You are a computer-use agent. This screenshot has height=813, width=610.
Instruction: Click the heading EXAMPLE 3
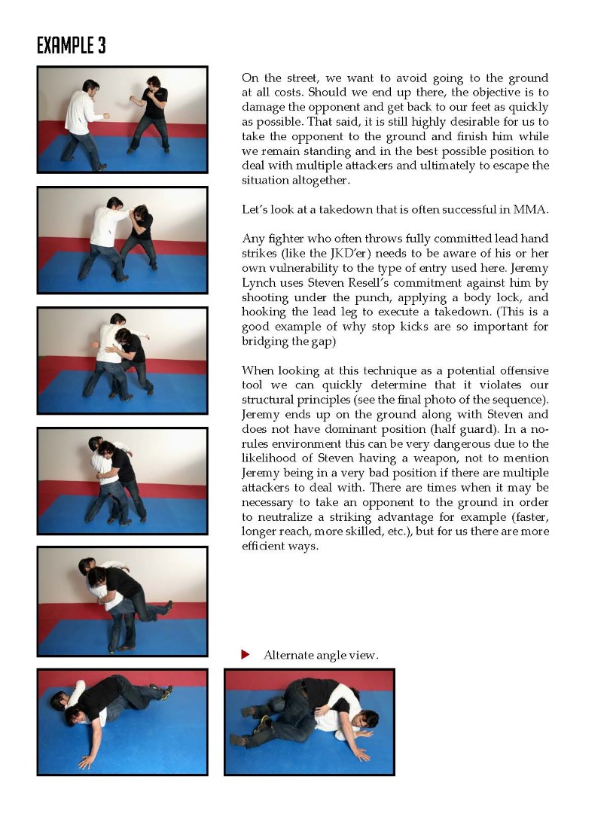pos(72,46)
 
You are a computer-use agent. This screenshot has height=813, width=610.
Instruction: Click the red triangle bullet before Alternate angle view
pos(245,655)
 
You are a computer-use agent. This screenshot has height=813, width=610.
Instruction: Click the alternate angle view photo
pos(310,722)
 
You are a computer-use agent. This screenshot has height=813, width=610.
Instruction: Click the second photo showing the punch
pos(122,240)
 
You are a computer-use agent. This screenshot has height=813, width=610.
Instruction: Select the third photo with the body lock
pos(122,361)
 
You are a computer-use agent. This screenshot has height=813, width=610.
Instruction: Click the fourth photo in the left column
pos(122,481)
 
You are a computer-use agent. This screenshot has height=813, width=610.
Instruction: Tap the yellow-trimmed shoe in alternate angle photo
pos(263,723)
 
